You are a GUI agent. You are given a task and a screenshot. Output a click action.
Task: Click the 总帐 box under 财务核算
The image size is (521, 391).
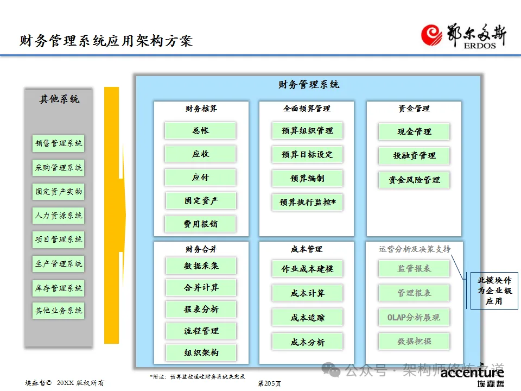pyautogui.click(x=200, y=131)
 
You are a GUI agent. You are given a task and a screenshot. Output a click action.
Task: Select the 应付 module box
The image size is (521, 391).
pyautogui.click(x=200, y=178)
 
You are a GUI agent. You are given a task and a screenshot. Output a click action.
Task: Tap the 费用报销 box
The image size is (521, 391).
pyautogui.click(x=200, y=224)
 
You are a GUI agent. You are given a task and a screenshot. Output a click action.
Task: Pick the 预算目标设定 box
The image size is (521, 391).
pyautogui.click(x=307, y=155)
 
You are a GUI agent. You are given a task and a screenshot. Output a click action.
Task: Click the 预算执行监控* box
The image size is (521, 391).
pyautogui.click(x=307, y=203)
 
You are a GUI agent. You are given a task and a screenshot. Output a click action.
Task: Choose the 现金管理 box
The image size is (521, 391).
pyautogui.click(x=414, y=132)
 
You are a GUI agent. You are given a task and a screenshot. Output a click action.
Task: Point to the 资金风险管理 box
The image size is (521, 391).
pyautogui.click(x=414, y=180)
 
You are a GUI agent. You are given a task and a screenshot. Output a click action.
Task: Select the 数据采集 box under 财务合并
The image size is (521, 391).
pyautogui.click(x=201, y=266)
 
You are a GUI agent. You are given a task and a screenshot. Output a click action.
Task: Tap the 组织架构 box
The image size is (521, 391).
pyautogui.click(x=201, y=353)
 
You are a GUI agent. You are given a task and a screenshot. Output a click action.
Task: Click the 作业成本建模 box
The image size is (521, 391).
pyautogui.click(x=307, y=269)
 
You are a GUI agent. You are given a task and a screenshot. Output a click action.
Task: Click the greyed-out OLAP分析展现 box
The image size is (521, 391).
pyautogui.click(x=414, y=318)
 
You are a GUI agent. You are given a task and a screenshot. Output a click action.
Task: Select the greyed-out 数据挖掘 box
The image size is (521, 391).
pyautogui.click(x=414, y=342)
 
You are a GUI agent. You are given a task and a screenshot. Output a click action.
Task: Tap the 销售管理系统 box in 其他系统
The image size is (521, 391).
pyautogui.click(x=59, y=144)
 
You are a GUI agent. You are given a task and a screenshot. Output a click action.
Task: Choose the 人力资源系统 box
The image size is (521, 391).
pyautogui.click(x=59, y=216)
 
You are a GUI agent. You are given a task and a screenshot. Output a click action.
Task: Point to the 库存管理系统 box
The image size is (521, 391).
pyautogui.click(x=59, y=288)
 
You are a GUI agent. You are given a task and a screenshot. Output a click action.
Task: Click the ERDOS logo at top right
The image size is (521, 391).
pyautogui.click(x=465, y=36)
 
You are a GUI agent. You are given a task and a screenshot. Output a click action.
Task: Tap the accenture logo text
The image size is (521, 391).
pyautogui.click(x=472, y=373)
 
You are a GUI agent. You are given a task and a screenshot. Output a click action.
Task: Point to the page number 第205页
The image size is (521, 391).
pyautogui.click(x=270, y=383)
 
